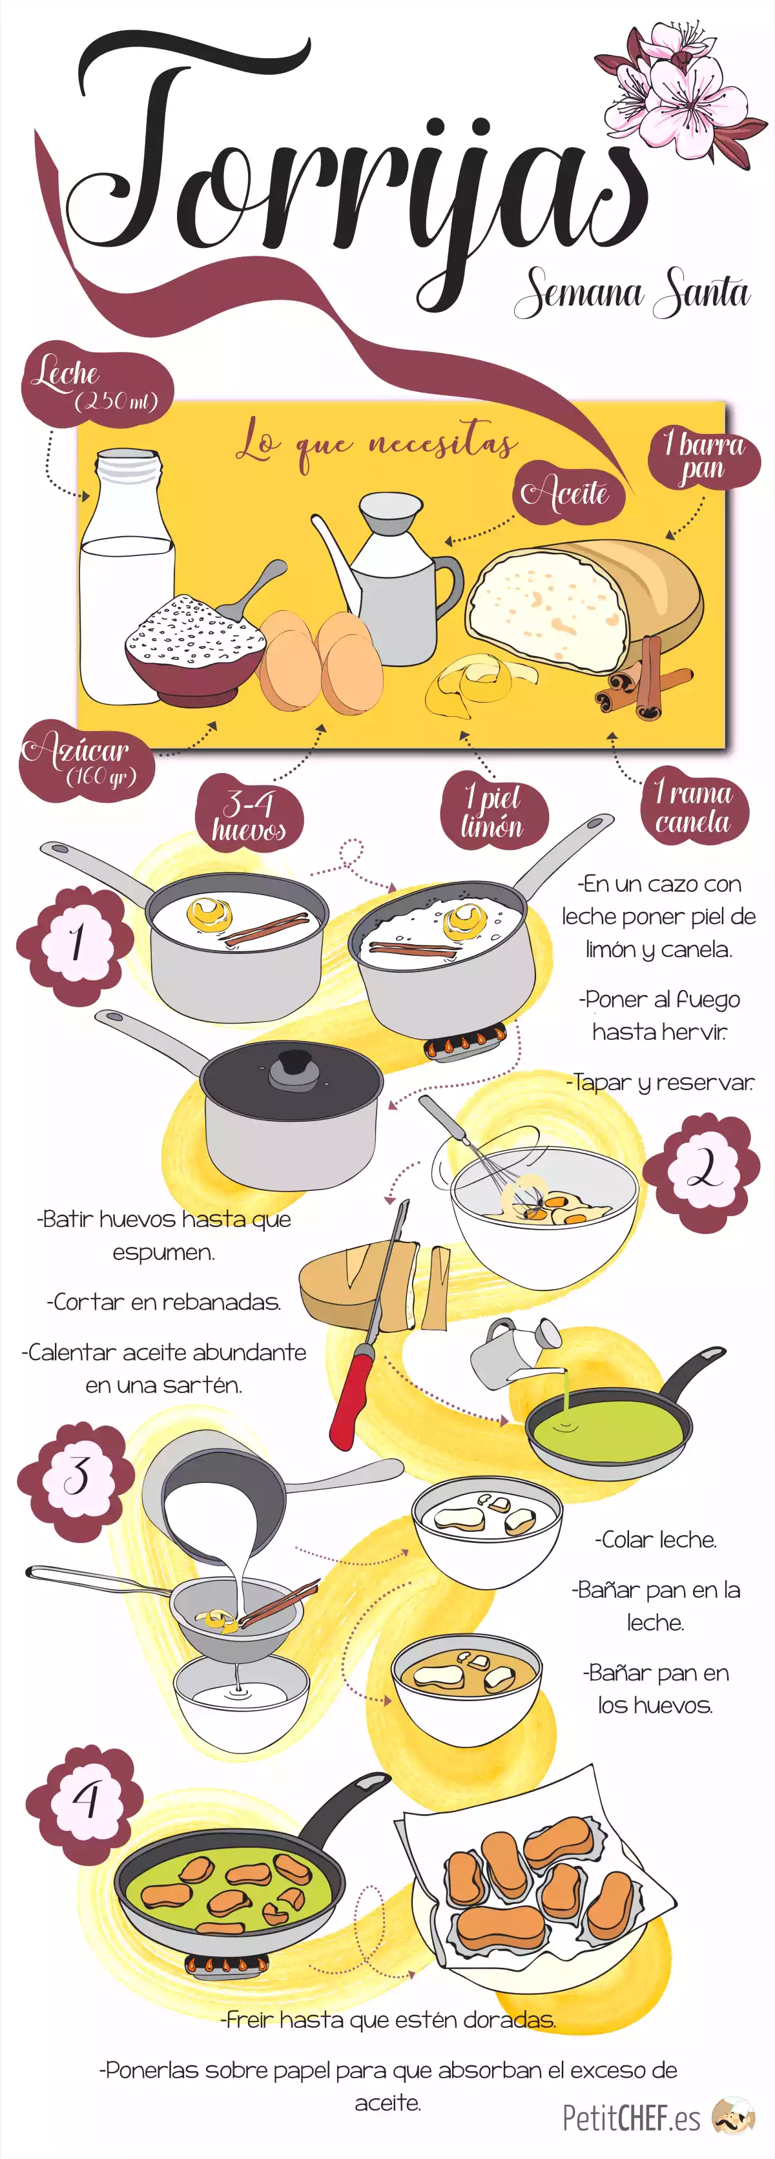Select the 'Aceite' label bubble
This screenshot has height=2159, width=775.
click(570, 492)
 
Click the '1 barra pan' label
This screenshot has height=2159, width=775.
click(704, 457)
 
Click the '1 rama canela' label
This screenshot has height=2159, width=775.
click(692, 805)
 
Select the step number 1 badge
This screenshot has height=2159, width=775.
click(76, 944)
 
